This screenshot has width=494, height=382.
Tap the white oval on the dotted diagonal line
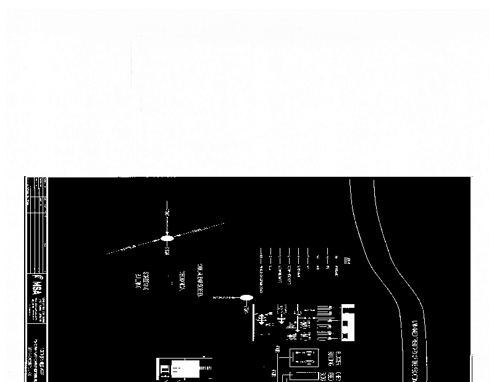(x=167, y=239)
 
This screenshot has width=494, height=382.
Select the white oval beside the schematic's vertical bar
(x=246, y=299)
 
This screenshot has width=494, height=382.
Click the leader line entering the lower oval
(x=226, y=298)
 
